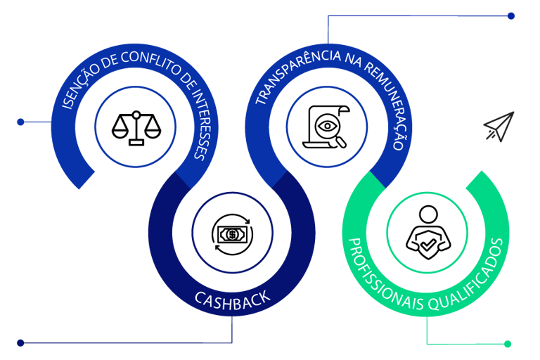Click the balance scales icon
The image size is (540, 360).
pyautogui.click(x=136, y=127)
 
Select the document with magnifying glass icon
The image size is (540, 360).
pyautogui.click(x=326, y=127)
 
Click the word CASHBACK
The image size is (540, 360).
pyautogui.click(x=232, y=300)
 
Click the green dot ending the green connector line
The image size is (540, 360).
pyautogui.click(x=508, y=344)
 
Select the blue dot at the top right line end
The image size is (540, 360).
pyautogui.click(x=511, y=15)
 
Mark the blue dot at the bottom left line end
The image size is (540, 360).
pyautogui.click(x=20, y=343)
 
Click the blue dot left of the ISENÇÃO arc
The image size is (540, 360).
pyautogui.click(x=20, y=122)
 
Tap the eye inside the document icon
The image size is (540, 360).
pyautogui.click(x=326, y=126)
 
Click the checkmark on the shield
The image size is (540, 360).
pyautogui.click(x=425, y=245)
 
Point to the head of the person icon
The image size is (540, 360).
pyautogui.click(x=426, y=213)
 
